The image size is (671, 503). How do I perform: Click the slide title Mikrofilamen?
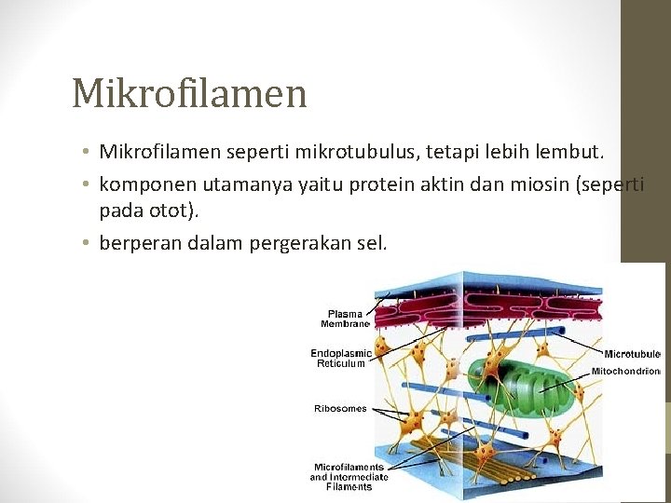point(189,92)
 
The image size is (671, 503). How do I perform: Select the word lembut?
point(571,151)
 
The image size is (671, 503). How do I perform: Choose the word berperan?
point(141,243)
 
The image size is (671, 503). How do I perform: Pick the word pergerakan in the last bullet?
point(296,243)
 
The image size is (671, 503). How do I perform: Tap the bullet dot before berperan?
point(85,244)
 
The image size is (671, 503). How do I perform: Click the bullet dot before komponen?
point(85,185)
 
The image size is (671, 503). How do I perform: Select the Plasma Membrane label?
point(346,318)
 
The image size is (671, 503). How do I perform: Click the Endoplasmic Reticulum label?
point(341,359)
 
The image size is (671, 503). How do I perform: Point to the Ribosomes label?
point(340,408)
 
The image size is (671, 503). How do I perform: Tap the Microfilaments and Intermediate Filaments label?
point(348,477)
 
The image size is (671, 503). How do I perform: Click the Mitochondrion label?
point(625,371)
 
